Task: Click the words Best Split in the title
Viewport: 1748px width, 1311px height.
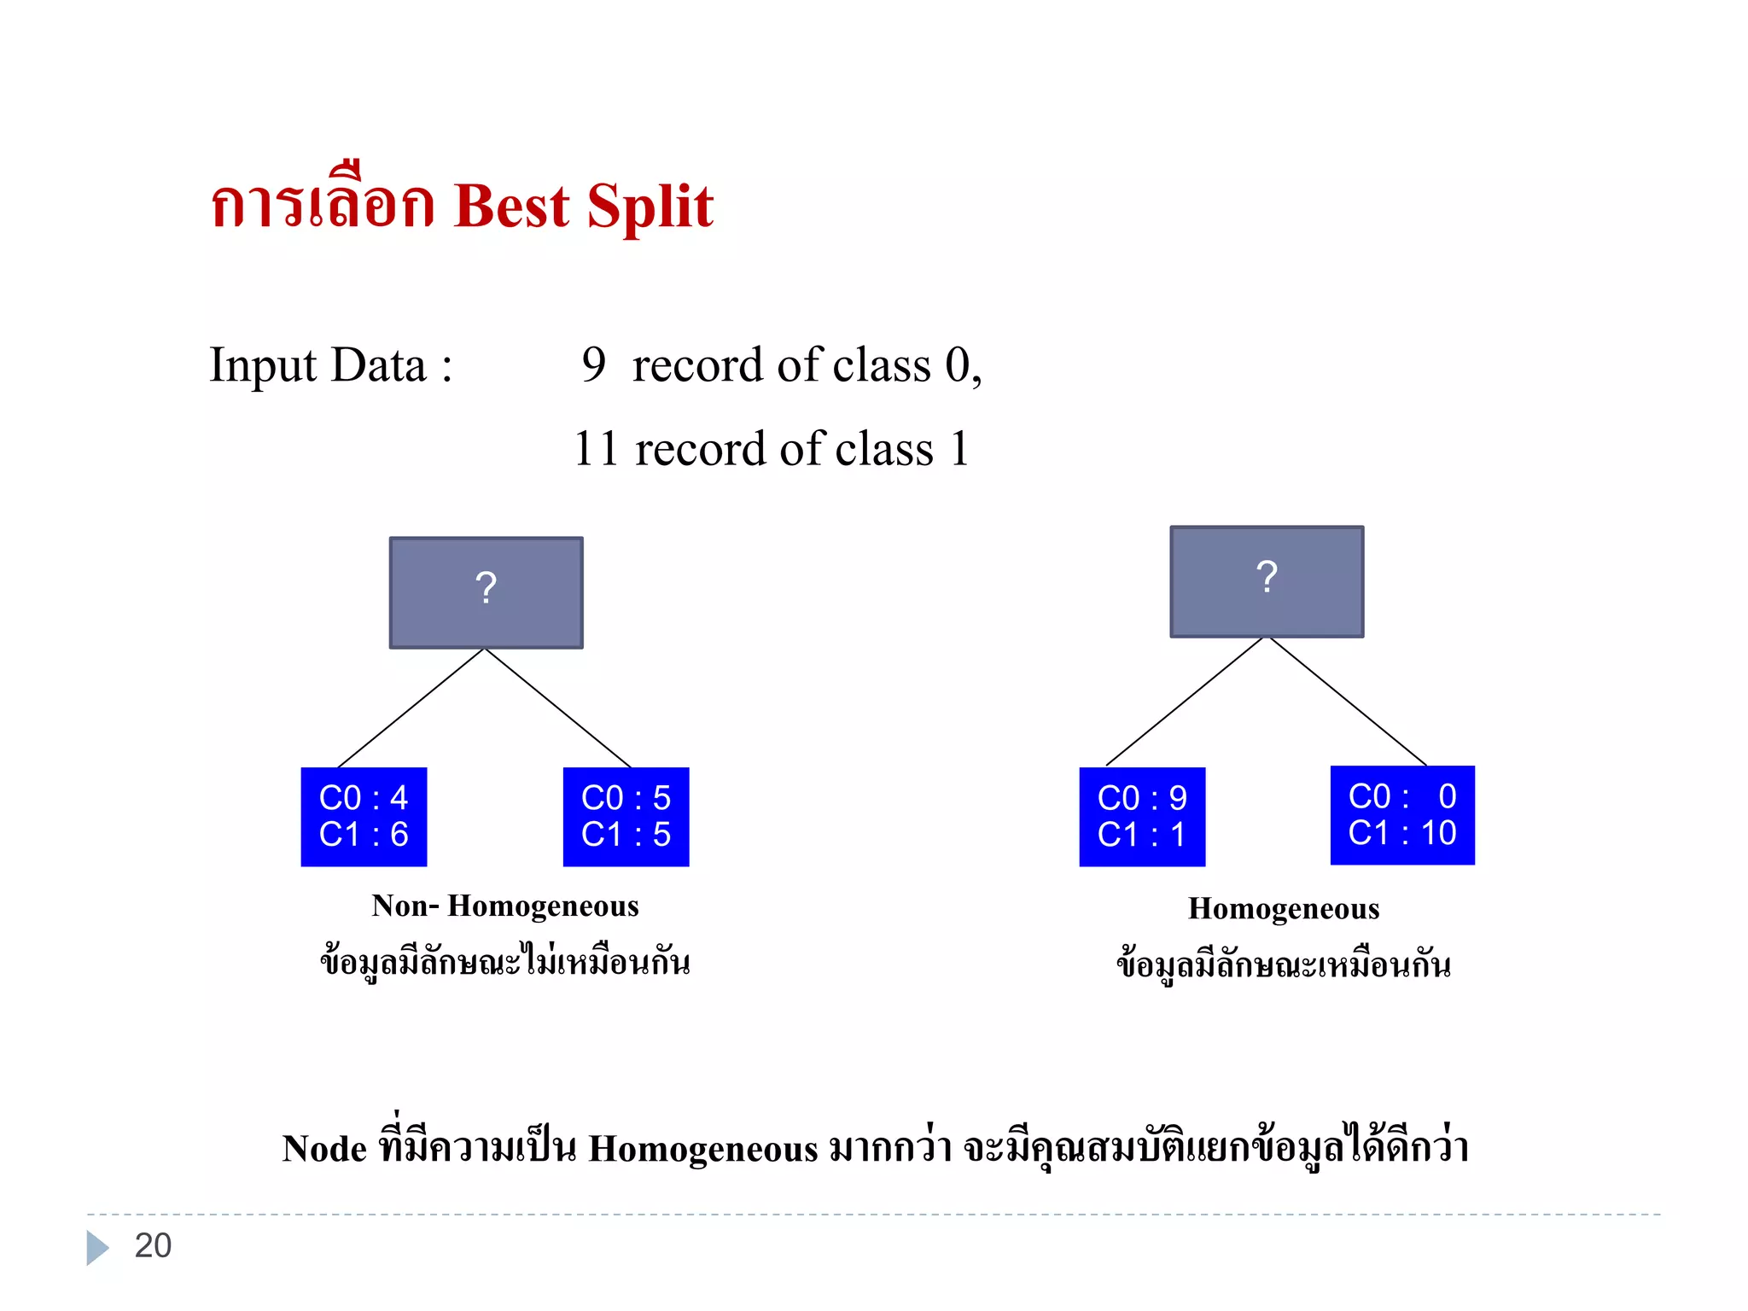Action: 584,207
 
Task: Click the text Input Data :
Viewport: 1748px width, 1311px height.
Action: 331,365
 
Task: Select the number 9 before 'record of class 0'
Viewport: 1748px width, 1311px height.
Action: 593,364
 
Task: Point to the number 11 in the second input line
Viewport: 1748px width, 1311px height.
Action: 595,449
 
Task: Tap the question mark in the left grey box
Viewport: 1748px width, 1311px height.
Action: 486,588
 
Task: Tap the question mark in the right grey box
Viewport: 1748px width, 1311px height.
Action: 1267,577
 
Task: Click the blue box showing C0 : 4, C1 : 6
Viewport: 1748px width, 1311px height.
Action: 364,817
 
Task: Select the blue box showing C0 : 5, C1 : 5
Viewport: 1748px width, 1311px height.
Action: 626,817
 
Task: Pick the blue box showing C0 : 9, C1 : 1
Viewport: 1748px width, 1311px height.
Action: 1142,817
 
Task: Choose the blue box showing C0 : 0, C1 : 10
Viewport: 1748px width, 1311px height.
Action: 1402,815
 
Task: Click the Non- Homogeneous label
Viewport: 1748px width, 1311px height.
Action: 505,906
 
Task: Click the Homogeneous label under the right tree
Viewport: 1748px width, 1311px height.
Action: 1284,909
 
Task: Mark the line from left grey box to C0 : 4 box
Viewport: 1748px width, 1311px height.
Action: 411,708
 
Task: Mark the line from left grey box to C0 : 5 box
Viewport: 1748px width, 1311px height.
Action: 557,708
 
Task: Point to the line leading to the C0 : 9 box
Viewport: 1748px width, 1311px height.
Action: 1184,702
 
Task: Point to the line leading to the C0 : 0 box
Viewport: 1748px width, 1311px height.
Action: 1349,702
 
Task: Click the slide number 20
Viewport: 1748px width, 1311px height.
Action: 154,1246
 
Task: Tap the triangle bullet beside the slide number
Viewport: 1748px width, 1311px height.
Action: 97,1247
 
